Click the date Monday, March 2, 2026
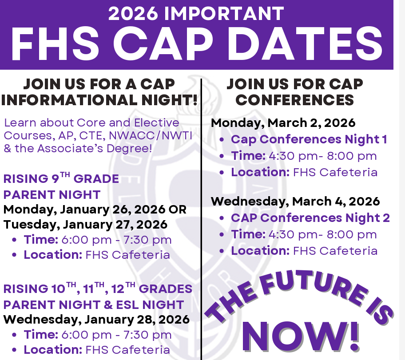point(283,123)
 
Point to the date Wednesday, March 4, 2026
point(295,201)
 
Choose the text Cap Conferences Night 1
point(309,139)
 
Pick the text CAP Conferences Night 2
point(310,218)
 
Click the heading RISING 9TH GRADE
point(61,179)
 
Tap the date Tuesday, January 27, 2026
point(85,224)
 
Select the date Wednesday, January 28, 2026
point(96,319)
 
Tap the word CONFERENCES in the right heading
point(294,100)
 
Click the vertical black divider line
point(202,222)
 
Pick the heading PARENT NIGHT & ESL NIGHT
point(93,305)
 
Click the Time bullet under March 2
point(304,156)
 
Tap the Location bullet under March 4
point(304,251)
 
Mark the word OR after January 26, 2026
point(178,209)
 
